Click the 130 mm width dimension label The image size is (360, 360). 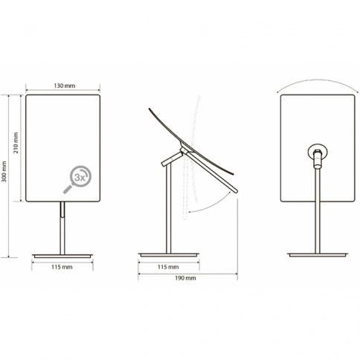(x=65, y=86)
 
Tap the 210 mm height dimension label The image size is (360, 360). (x=16, y=143)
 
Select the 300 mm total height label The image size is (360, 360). (x=4, y=171)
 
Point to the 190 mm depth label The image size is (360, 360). (x=185, y=278)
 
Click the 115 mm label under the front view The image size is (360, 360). (x=62, y=267)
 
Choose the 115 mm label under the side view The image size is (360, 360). (x=168, y=267)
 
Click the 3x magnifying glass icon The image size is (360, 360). (x=77, y=179)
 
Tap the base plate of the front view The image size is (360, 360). (x=62, y=256)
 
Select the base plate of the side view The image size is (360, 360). (x=169, y=254)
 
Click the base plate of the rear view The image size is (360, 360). (x=318, y=254)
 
